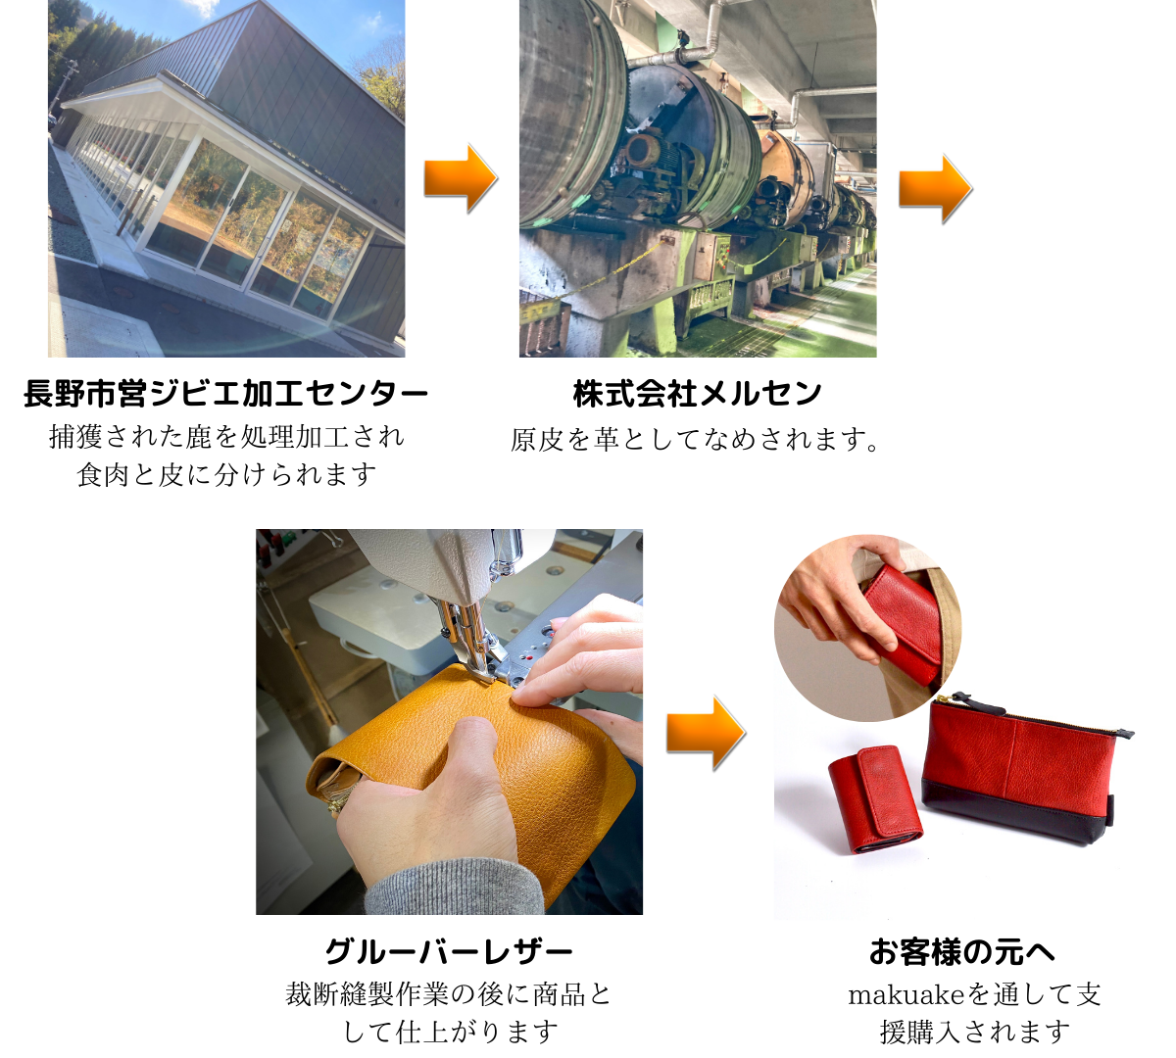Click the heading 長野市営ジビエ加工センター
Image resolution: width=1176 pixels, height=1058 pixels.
pyautogui.click(x=226, y=393)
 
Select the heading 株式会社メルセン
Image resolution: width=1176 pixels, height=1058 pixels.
pyautogui.click(x=698, y=393)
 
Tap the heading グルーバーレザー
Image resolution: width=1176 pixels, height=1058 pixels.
pyautogui.click(x=449, y=952)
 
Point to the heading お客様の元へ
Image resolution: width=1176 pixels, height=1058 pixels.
pyautogui.click(x=962, y=952)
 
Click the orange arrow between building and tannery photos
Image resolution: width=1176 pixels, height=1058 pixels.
pyautogui.click(x=461, y=178)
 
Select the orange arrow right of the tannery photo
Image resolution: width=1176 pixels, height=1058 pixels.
pyautogui.click(x=936, y=189)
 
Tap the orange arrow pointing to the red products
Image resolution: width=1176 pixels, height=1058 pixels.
pyautogui.click(x=706, y=733)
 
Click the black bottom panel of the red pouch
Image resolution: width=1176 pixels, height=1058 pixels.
pyautogui.click(x=1015, y=812)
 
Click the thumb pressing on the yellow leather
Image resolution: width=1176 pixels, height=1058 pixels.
pyautogui.click(x=478, y=741)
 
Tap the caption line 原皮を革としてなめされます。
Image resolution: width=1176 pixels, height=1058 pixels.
pyautogui.click(x=695, y=440)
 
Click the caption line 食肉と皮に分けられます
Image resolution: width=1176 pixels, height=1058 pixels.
pyautogui.click(x=226, y=474)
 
